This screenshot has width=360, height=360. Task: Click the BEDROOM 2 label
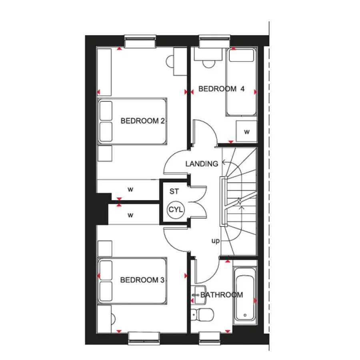coord(142,121)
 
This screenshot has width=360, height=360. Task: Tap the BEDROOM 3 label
coord(142,280)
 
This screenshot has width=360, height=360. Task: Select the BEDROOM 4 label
coord(221,89)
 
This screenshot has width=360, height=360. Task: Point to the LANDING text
coord(202,164)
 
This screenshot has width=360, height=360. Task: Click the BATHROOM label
coord(222,295)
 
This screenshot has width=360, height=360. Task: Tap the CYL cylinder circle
coord(176,210)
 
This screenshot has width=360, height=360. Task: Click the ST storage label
coord(174,191)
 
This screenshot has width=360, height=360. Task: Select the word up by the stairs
coord(215,241)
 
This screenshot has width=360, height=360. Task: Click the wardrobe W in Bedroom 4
coord(247,132)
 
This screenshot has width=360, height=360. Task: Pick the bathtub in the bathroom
coord(245,296)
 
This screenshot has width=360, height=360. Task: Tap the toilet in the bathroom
coord(202,314)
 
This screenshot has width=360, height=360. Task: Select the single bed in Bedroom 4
coord(241,82)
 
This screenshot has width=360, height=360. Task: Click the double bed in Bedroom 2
coord(132,121)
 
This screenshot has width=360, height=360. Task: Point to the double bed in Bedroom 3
coord(132,281)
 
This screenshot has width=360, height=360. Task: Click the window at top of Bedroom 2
coord(140,42)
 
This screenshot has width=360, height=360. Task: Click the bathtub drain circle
coord(245,315)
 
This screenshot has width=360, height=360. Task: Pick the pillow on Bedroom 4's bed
coord(241,55)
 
